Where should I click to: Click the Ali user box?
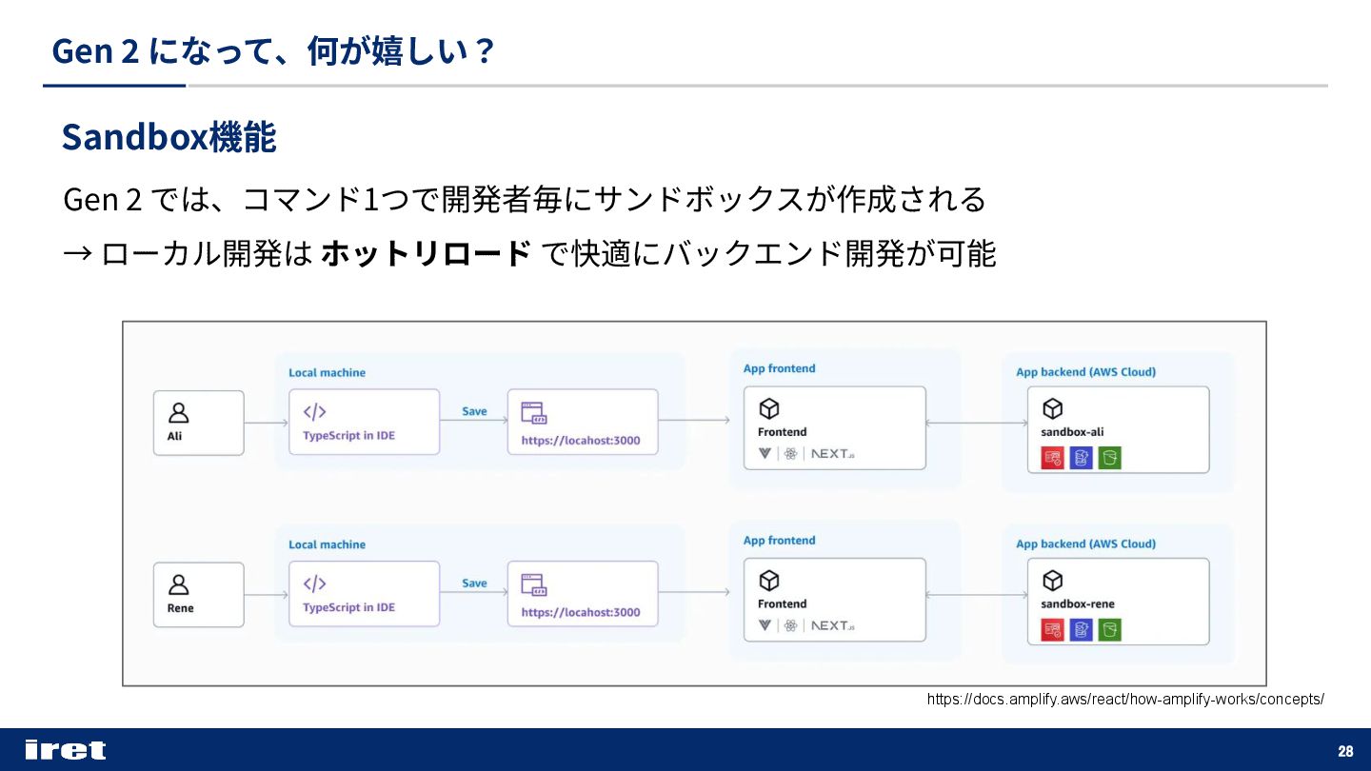pyautogui.click(x=198, y=423)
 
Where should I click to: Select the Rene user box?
pyautogui.click(x=198, y=594)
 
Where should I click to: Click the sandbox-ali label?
pyautogui.click(x=1072, y=432)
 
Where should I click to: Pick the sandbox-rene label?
pyautogui.click(x=1077, y=604)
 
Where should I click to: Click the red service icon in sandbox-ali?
pyautogui.click(x=1052, y=458)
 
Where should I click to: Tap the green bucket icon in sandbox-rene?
pyautogui.click(x=1109, y=629)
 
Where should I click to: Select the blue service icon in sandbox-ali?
pyautogui.click(x=1081, y=458)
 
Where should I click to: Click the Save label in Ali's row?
pyautogui.click(x=474, y=411)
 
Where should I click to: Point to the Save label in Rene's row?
pyautogui.click(x=474, y=583)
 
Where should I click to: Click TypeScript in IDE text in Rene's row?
pyautogui.click(x=348, y=607)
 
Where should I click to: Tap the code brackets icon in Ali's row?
pyautogui.click(x=314, y=412)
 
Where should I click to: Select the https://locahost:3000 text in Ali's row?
pyautogui.click(x=581, y=441)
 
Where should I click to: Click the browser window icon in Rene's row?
pyautogui.click(x=533, y=584)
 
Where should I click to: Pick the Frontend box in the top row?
pyautogui.click(x=834, y=427)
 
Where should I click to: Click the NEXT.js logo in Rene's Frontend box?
pyautogui.click(x=832, y=625)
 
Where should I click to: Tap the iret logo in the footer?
pyautogui.click(x=65, y=750)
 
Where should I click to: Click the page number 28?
pyautogui.click(x=1345, y=751)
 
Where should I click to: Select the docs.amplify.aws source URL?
pyautogui.click(x=1125, y=700)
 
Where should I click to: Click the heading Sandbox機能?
pyautogui.click(x=169, y=138)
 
